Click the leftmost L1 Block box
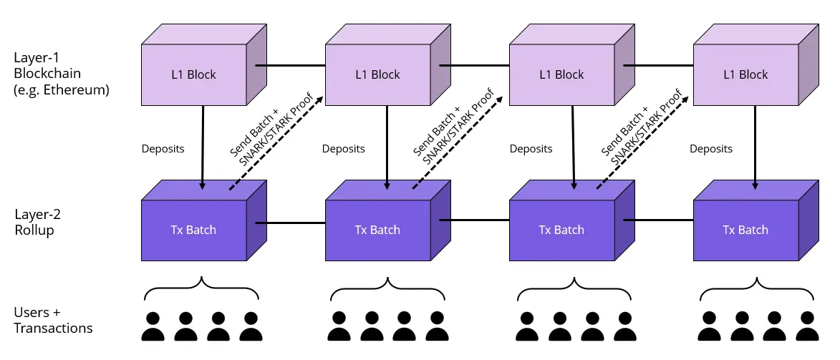tap(193, 74)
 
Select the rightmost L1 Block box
tap(745, 74)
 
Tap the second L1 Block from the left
tap(377, 74)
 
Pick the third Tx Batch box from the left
tap(561, 230)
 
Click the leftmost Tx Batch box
tap(193, 230)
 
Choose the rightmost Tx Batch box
tap(745, 230)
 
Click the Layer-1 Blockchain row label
tap(61, 74)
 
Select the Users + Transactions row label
tap(53, 321)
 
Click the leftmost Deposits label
tap(163, 149)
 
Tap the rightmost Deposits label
tap(711, 149)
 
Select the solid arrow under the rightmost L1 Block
tap(756, 147)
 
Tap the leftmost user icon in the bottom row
tap(153, 326)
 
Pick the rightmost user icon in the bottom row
tap(806, 326)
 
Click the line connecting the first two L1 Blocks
tap(291, 65)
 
